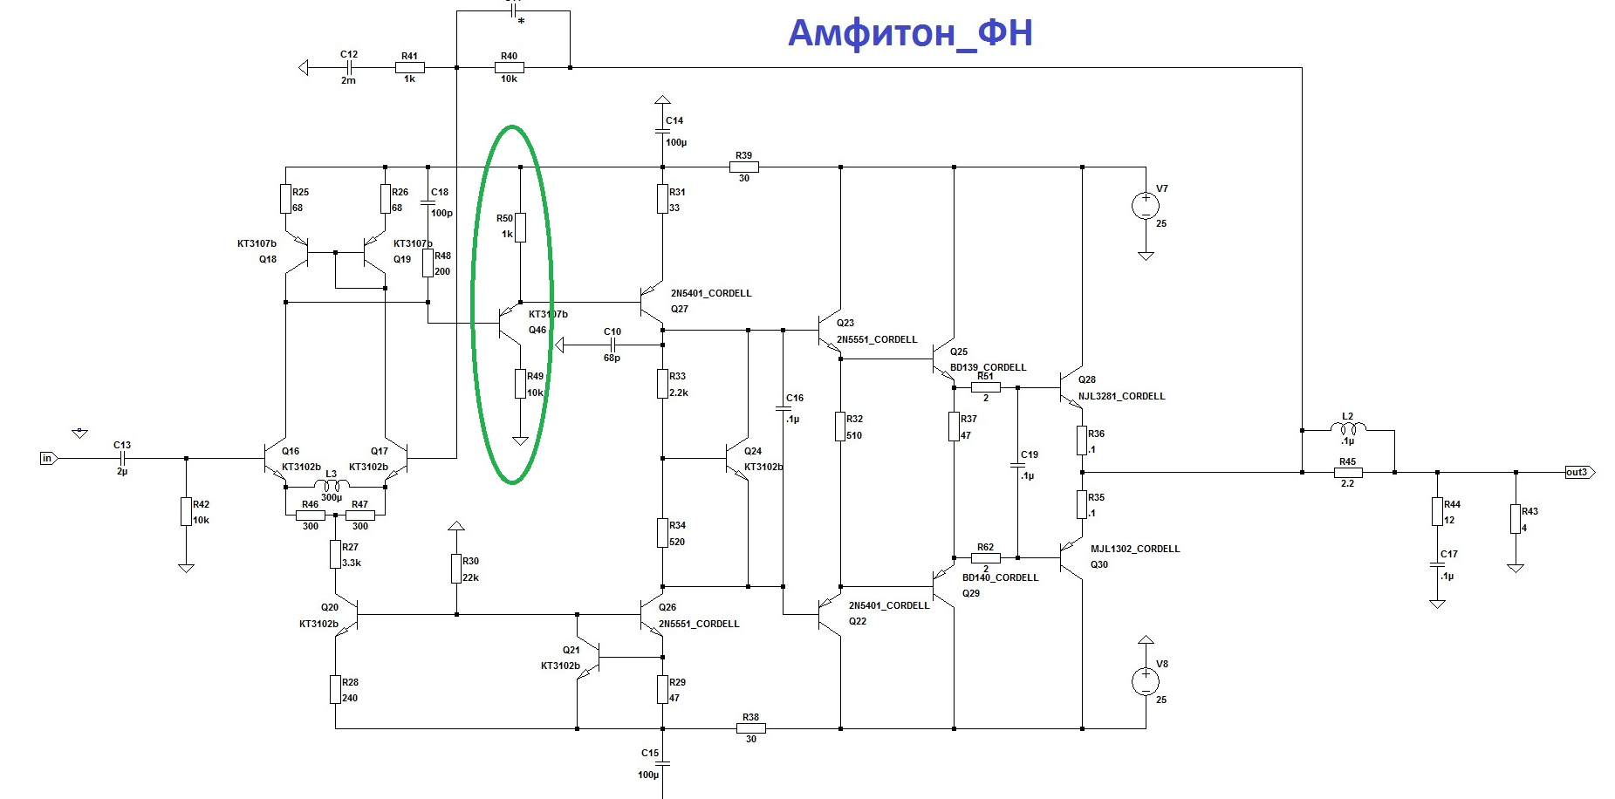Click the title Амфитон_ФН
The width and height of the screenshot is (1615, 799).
click(x=910, y=33)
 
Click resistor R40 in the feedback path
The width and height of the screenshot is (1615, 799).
click(x=509, y=67)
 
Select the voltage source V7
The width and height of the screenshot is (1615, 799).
click(x=1146, y=206)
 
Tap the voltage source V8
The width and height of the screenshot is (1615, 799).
click(x=1146, y=681)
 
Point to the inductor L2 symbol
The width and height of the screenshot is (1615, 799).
click(x=1348, y=428)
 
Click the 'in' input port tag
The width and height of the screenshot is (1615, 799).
click(x=48, y=458)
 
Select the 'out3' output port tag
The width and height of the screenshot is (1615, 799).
click(x=1578, y=472)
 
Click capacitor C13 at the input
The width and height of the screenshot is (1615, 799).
click(x=122, y=458)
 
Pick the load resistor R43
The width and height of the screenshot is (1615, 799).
click(x=1516, y=520)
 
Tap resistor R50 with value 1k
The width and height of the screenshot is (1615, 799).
click(x=520, y=227)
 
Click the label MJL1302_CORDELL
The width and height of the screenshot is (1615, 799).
click(x=1134, y=549)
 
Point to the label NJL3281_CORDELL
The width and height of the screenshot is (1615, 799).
click(x=1121, y=396)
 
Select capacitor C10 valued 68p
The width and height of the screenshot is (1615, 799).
click(x=612, y=345)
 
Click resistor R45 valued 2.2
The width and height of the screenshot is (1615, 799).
click(x=1347, y=472)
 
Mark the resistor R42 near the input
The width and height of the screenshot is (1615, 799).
click(x=186, y=512)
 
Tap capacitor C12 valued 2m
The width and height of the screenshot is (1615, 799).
click(x=349, y=67)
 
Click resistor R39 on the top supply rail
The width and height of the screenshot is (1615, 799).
click(x=743, y=167)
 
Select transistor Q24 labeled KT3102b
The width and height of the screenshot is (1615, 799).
click(x=738, y=458)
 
